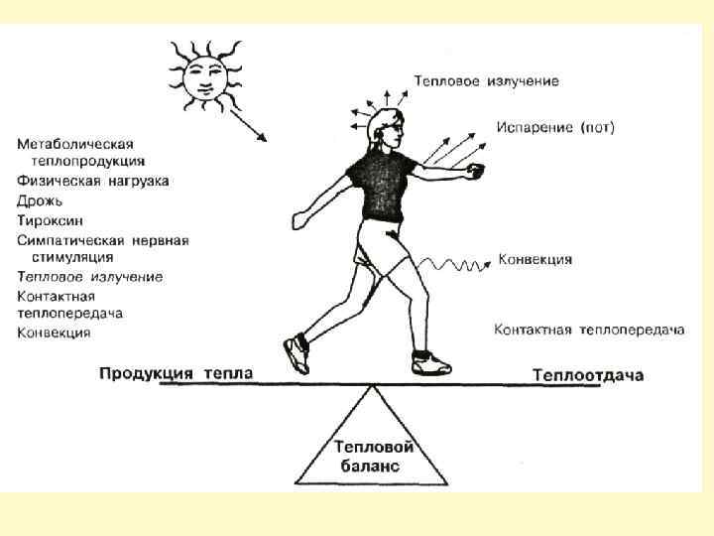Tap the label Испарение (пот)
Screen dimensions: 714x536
click(x=556, y=128)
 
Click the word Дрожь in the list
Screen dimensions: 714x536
click(x=41, y=200)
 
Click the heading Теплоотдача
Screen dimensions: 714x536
click(x=588, y=374)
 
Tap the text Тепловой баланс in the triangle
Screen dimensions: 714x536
click(x=372, y=457)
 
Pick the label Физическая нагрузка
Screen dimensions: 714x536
click(x=93, y=181)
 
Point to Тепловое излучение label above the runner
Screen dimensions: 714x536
click(x=486, y=80)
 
